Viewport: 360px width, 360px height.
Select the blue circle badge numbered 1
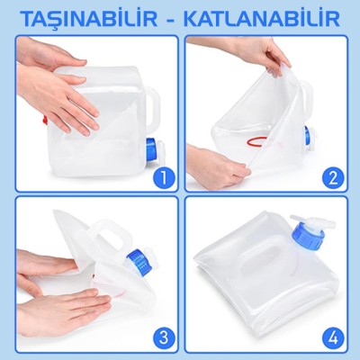pyautogui.click(x=162, y=177)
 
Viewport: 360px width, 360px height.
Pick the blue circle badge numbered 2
pyautogui.click(x=333, y=177)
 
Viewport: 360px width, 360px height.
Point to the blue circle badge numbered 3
pyautogui.click(x=162, y=337)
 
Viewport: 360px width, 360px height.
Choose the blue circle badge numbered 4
pyautogui.click(x=333, y=337)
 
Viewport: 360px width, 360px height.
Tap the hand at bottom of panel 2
pyautogui.click(x=216, y=168)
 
